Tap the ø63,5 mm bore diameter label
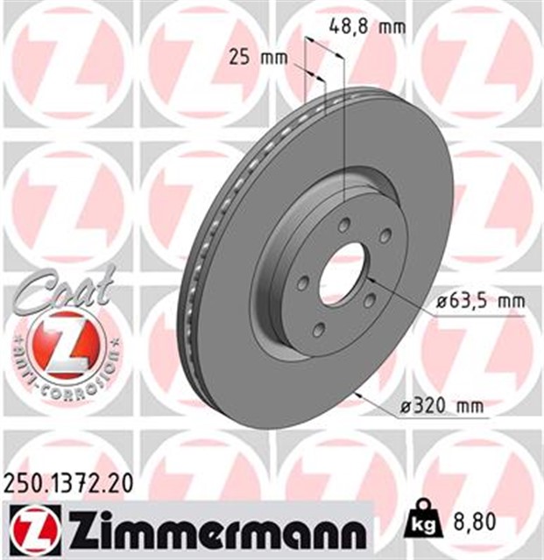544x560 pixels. pyautogui.click(x=481, y=302)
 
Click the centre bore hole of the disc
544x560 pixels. pyautogui.click(x=343, y=273)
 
